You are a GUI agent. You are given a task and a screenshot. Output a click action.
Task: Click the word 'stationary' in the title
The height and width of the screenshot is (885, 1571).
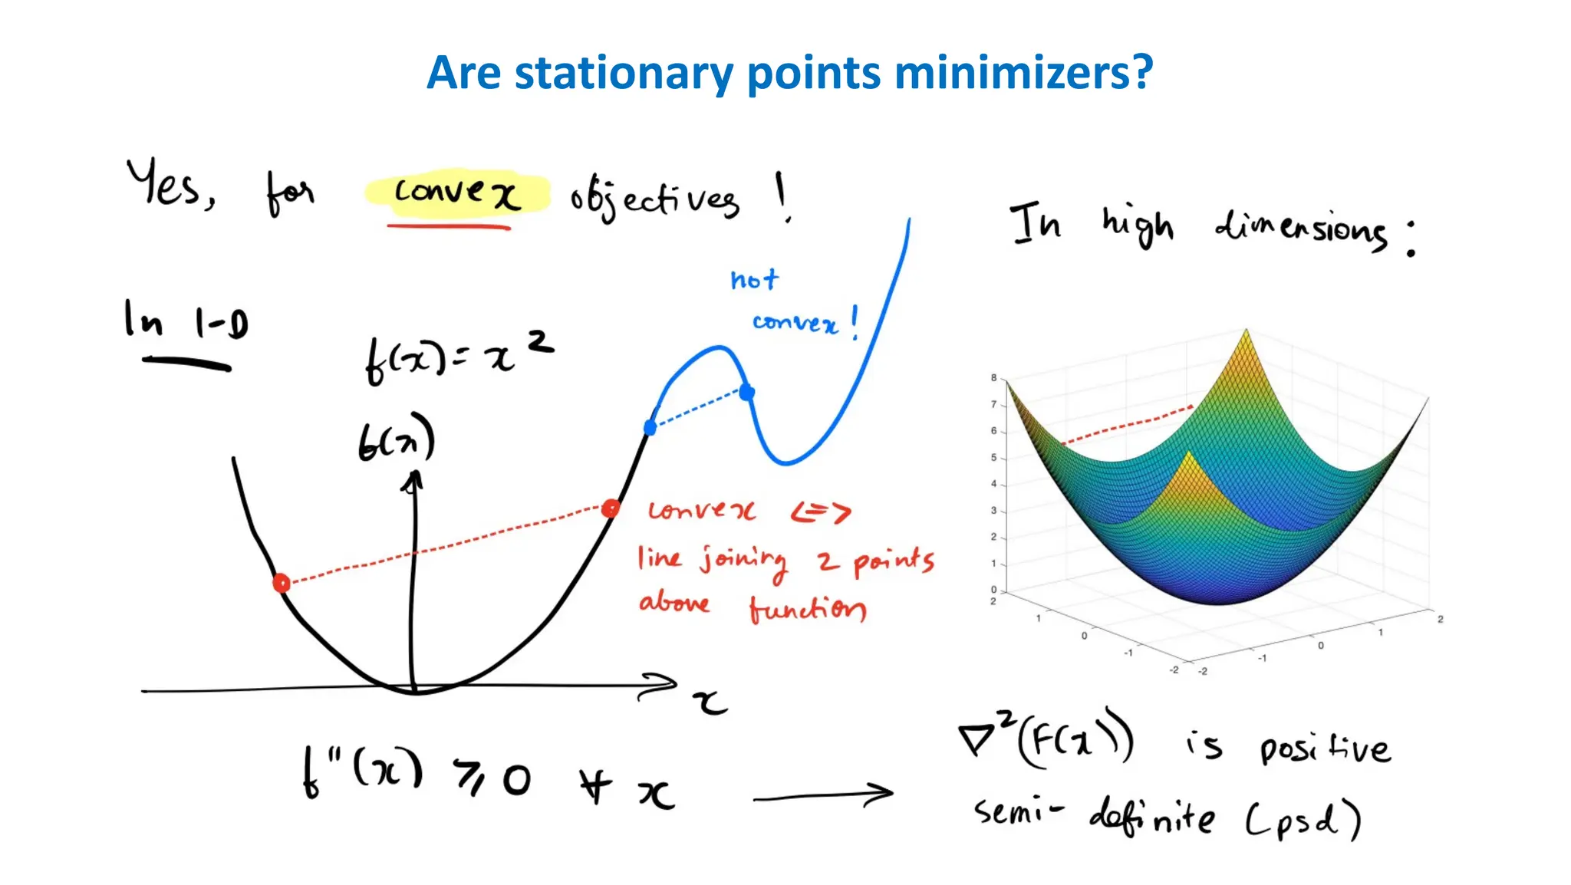click(623, 74)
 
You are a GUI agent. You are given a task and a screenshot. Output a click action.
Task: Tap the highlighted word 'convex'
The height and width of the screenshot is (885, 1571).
click(457, 192)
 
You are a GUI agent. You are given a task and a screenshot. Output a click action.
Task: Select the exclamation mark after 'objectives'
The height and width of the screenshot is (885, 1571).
click(782, 196)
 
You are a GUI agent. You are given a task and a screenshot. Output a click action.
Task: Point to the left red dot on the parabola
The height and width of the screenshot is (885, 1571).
click(282, 584)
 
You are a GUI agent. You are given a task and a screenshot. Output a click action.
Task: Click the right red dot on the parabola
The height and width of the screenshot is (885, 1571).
click(611, 508)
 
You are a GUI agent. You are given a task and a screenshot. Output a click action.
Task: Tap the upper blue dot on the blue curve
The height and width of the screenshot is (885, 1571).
click(746, 393)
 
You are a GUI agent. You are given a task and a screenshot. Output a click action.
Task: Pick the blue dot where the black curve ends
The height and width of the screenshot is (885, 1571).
click(650, 427)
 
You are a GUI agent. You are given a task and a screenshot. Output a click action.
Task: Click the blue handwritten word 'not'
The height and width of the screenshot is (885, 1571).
click(754, 279)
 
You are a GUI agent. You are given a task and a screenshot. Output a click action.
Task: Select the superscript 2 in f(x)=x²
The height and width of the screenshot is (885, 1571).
click(541, 341)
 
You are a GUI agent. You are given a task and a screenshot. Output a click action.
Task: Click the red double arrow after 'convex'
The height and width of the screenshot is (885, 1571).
click(821, 512)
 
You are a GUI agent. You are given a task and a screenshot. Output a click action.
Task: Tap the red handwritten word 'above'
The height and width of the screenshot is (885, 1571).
click(674, 603)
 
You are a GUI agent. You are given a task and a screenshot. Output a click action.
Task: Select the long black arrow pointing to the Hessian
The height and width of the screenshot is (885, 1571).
click(822, 796)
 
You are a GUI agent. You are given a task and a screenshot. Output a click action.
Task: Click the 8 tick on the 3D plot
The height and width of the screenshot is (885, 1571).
click(993, 378)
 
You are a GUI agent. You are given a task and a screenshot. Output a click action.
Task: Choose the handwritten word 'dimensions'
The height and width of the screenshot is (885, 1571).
click(1301, 229)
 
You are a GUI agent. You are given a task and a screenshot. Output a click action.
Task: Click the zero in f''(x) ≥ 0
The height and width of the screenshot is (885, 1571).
click(517, 781)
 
